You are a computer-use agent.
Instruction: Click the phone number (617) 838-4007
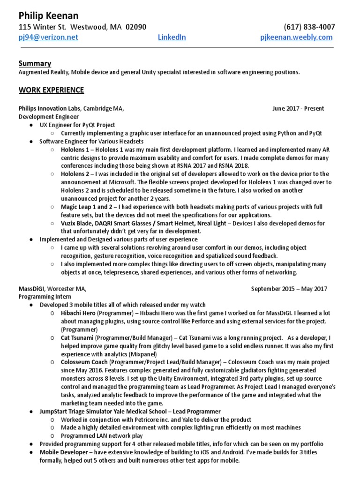[x=309, y=27]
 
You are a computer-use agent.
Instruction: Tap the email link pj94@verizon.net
[x=48, y=37]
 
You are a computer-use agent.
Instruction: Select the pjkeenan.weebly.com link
[x=296, y=37]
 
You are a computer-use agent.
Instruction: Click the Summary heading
[x=35, y=63]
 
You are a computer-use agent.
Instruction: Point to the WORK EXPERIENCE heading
[x=51, y=90]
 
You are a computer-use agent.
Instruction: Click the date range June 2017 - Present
[x=298, y=109]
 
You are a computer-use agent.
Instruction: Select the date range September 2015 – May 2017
[x=289, y=289]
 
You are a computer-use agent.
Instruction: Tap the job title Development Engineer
[x=48, y=116]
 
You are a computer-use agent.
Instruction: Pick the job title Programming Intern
[x=45, y=297]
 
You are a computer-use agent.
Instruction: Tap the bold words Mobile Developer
[x=63, y=453]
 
